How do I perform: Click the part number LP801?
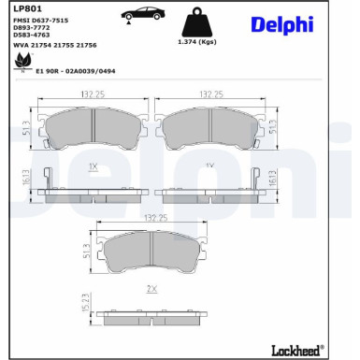point(25,9)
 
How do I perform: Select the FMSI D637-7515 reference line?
point(40,20)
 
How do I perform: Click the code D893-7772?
point(33,28)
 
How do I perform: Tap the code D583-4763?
point(33,36)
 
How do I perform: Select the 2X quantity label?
point(151,289)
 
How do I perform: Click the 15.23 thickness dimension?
point(85,305)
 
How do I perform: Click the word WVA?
point(20,45)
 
